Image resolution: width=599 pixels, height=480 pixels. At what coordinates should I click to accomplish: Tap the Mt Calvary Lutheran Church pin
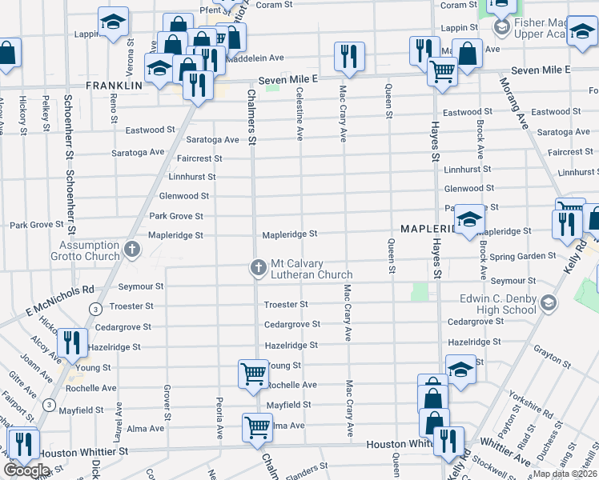click(259, 267)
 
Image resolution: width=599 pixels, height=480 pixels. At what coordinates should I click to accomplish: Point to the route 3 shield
click(95, 309)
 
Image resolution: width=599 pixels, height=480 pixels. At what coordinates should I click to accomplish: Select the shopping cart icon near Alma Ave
click(257, 427)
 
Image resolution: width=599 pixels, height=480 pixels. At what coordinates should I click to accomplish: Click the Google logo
click(26, 470)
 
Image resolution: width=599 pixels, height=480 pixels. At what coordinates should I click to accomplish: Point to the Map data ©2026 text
click(565, 474)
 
